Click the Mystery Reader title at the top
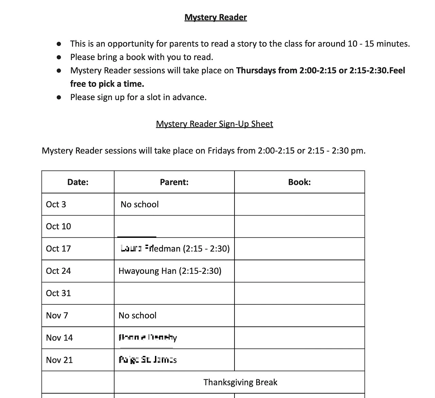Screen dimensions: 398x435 [x=215, y=17]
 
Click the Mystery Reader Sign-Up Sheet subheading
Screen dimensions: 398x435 [x=214, y=124]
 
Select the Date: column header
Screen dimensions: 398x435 [x=78, y=182]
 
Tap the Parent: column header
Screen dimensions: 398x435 [x=174, y=182]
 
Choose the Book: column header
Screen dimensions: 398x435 [x=299, y=182]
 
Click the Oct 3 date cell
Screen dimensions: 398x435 [x=56, y=204]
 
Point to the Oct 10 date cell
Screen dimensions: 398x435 [x=58, y=226]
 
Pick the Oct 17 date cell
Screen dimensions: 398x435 [x=58, y=249]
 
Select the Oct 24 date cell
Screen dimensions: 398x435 [x=58, y=271]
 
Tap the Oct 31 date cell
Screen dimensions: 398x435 [x=58, y=293]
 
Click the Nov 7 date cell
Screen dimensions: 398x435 [x=57, y=316]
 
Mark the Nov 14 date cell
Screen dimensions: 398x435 [x=59, y=338]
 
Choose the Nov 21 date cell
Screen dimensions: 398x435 [x=59, y=360]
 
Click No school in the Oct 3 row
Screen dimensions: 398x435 [x=140, y=204]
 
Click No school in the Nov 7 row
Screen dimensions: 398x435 [x=138, y=316]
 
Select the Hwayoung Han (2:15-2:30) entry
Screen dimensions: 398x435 [x=170, y=271]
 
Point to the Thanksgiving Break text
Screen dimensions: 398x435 [x=240, y=382]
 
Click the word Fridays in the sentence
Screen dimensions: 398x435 [x=221, y=151]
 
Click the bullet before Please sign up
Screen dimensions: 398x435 [x=59, y=97]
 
